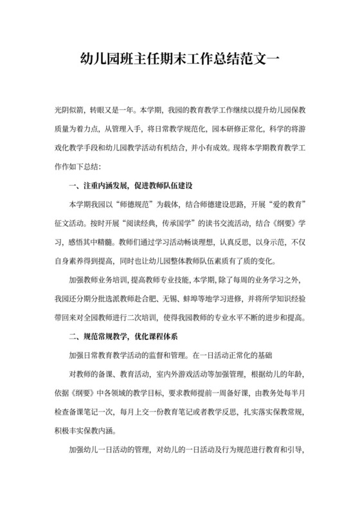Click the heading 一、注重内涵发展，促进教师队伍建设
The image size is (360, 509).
130,187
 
